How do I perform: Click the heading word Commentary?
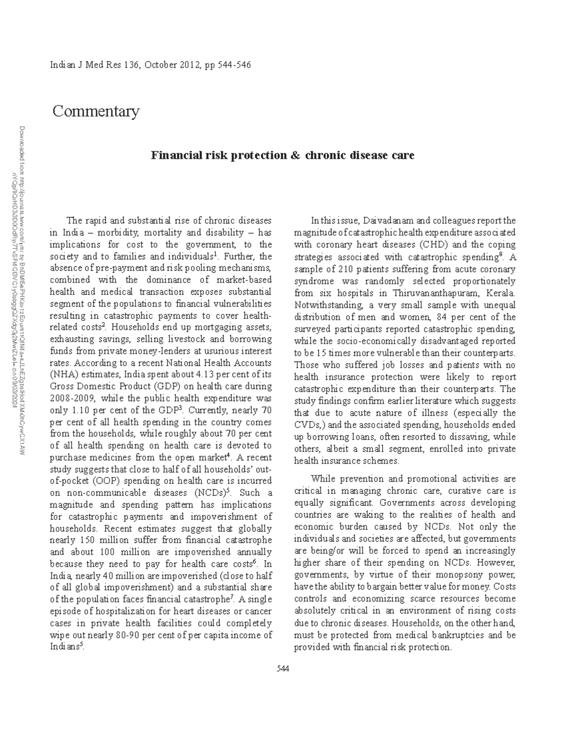(96, 112)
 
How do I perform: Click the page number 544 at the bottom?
(283, 669)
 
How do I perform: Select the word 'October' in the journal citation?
(161, 65)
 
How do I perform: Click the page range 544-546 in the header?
(234, 65)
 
